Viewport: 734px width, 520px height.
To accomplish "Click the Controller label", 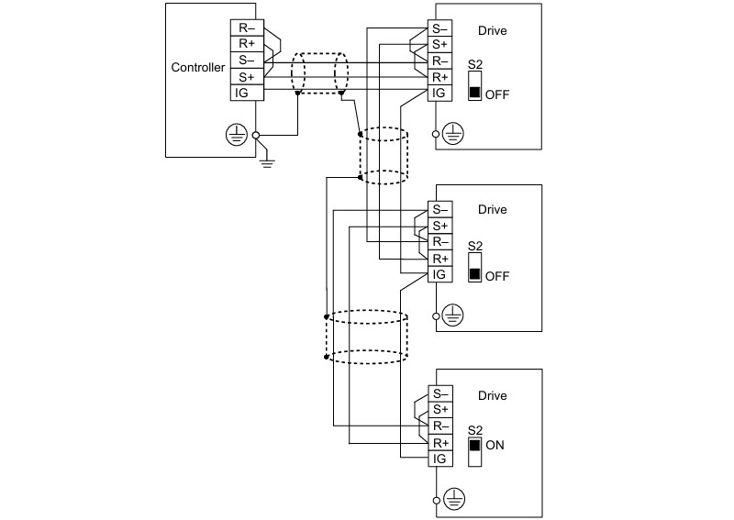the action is tap(198, 67).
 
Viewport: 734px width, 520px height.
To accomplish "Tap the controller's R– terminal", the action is tap(247, 28).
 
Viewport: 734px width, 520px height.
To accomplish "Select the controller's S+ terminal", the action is tap(247, 77).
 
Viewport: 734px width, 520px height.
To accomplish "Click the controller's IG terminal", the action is tap(247, 93).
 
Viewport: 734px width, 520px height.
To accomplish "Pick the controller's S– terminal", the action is tap(247, 61).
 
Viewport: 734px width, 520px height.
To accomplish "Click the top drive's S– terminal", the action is tap(440, 28).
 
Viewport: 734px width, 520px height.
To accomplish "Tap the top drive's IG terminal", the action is tap(440, 93).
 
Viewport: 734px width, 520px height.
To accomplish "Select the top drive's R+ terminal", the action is tap(440, 77).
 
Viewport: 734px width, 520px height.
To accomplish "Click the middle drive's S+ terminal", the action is tap(440, 226).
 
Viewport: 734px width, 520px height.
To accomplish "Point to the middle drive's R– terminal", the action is tap(440, 242).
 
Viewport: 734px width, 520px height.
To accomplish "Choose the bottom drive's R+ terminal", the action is tap(440, 442).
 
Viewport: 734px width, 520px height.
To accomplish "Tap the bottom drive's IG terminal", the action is tap(440, 459).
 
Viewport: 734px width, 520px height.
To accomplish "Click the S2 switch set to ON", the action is tap(474, 451).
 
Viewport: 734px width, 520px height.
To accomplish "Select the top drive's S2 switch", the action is tap(474, 85).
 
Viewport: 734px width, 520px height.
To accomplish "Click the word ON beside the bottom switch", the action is tap(495, 445).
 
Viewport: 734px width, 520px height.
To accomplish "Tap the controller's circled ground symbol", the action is tap(237, 135).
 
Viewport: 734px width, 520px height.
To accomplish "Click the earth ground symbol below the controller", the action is tap(267, 162).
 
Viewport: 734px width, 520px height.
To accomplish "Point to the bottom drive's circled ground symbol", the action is tap(454, 499).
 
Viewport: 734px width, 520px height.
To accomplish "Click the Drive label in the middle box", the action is tap(492, 209).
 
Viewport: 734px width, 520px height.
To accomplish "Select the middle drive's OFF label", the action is tap(497, 276).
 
